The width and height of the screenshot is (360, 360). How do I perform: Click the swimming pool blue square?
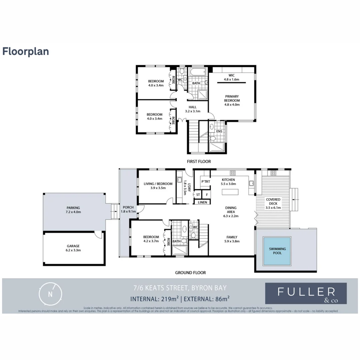pyautogui.click(x=277, y=251)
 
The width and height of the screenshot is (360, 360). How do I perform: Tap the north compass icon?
pyautogui.click(x=50, y=294)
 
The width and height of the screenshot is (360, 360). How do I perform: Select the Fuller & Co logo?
pyautogui.click(x=306, y=293)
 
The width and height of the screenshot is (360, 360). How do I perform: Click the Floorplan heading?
pyautogui.click(x=26, y=51)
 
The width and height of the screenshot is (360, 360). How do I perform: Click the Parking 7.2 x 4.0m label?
pyautogui.click(x=73, y=210)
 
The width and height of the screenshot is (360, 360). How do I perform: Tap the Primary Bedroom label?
pyautogui.click(x=232, y=100)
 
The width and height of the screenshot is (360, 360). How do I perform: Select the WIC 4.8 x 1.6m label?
pyautogui.click(x=232, y=77)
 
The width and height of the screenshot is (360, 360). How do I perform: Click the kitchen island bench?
pyautogui.click(x=230, y=192)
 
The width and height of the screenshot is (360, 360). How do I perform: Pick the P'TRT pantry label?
pyautogui.click(x=204, y=181)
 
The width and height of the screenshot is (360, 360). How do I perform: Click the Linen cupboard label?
pyautogui.click(x=202, y=202)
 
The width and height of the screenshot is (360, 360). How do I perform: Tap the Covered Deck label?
pyautogui.click(x=273, y=203)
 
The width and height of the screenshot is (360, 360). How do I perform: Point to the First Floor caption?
pyautogui.click(x=198, y=161)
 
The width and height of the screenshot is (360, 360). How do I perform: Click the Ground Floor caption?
pyautogui.click(x=190, y=272)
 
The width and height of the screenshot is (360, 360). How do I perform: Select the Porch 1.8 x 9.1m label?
pyautogui.click(x=128, y=209)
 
